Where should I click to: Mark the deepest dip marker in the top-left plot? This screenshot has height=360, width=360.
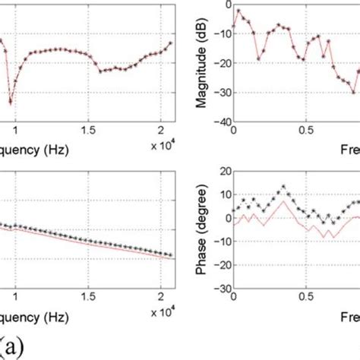11,101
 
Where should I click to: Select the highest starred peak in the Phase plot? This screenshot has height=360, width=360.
283,186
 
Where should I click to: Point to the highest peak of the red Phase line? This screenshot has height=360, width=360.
283,202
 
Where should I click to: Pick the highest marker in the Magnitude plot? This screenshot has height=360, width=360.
238,11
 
